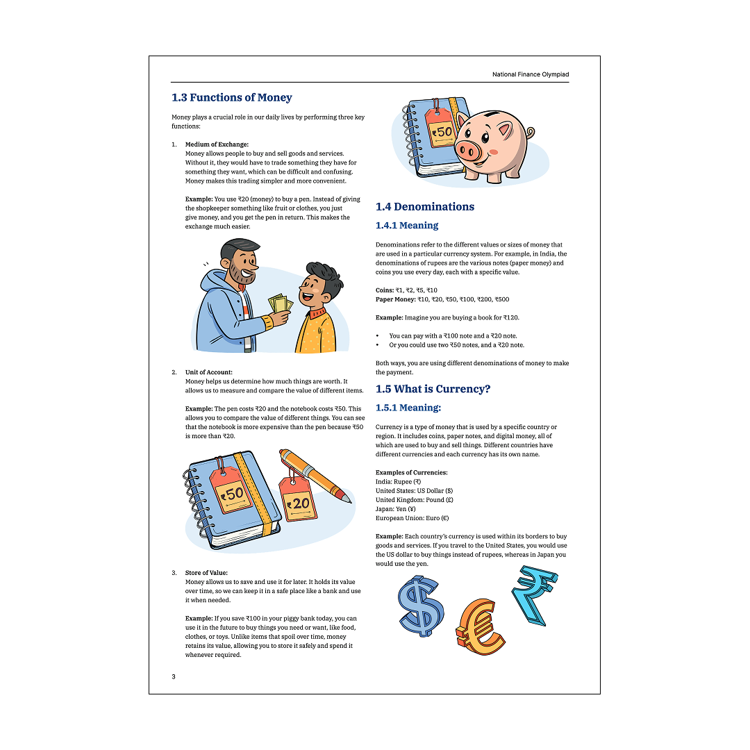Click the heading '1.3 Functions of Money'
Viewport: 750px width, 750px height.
tap(232, 98)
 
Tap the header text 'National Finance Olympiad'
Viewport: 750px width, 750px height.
tap(531, 74)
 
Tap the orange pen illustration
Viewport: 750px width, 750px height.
tap(316, 474)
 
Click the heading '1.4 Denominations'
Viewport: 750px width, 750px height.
tap(425, 206)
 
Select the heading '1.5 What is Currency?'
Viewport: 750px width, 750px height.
tap(433, 389)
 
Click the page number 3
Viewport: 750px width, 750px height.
tap(174, 676)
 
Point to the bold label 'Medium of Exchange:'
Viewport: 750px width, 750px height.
tap(217, 144)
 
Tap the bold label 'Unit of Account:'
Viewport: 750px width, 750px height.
tap(209, 372)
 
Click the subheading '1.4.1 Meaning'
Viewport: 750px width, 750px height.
tap(407, 226)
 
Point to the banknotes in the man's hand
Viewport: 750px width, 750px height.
tap(279, 306)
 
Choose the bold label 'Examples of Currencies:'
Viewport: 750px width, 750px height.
tap(412, 472)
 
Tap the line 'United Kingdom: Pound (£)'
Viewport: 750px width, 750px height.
tap(415, 500)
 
